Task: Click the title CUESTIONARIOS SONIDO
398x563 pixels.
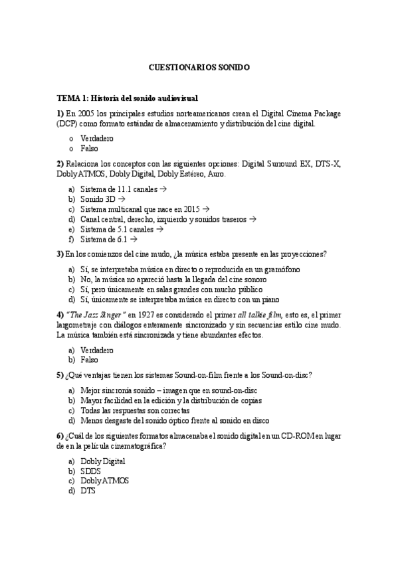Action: (x=199, y=68)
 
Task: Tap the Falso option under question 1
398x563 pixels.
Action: (x=89, y=148)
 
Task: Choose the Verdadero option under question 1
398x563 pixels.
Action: (x=97, y=138)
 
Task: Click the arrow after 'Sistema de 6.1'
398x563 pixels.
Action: (x=134, y=239)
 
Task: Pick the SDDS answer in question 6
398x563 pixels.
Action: (x=90, y=471)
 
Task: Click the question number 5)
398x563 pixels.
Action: (x=60, y=375)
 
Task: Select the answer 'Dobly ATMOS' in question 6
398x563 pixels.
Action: (x=105, y=481)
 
